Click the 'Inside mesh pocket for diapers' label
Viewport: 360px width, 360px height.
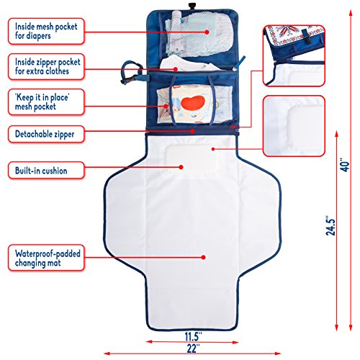(46, 31)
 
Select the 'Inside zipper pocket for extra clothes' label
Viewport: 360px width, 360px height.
(46, 67)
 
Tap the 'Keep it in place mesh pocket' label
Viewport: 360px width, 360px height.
(46, 102)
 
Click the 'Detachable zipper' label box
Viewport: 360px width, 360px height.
(46, 134)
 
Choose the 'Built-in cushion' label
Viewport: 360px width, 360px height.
(46, 171)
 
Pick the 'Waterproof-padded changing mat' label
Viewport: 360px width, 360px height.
(46, 258)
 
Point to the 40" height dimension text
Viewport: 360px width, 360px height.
(345, 165)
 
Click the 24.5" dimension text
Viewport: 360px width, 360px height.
(330, 227)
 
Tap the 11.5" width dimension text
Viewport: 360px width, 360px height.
(193, 336)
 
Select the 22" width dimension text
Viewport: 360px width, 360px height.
(193, 348)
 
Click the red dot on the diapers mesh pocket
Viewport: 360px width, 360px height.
(207, 32)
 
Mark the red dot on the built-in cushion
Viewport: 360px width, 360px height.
(181, 167)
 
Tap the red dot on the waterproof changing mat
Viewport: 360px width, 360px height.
(204, 257)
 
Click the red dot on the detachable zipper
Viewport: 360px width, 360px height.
(192, 131)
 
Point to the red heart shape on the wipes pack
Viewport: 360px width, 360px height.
(193, 103)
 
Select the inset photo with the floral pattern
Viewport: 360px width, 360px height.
(294, 55)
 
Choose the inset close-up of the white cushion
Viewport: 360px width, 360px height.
(294, 126)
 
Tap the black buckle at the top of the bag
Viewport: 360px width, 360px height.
(192, 6)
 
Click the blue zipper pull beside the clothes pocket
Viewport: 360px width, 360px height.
(239, 63)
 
